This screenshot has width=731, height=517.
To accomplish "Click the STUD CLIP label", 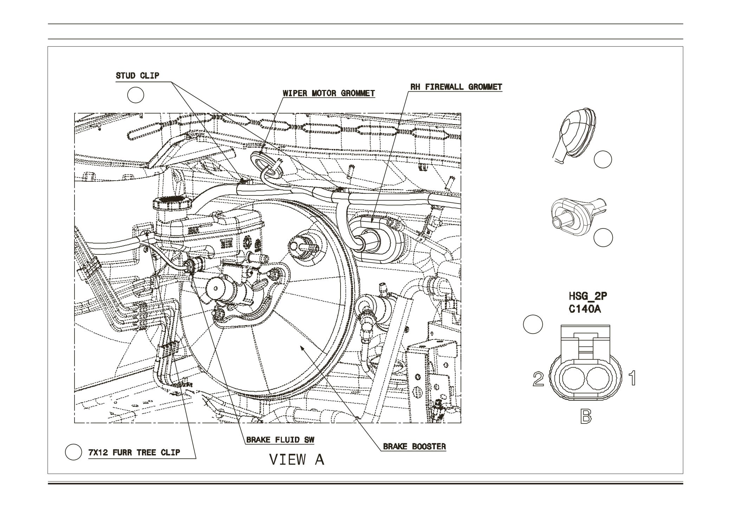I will point(137,76).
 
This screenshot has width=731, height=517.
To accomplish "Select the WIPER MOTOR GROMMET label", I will point(329,93).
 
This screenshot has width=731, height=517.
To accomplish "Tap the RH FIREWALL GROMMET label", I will point(456,87).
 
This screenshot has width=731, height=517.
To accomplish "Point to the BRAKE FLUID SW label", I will point(280,440).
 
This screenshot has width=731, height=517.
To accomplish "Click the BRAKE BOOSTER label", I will point(414,446).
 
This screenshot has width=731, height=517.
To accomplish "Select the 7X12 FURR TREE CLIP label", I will point(134,452).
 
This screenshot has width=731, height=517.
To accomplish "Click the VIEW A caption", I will point(296,459).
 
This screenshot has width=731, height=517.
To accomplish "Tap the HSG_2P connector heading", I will point(588,296).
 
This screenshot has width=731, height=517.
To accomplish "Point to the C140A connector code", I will point(584,309).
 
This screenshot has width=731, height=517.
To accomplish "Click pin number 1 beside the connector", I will point(632,378).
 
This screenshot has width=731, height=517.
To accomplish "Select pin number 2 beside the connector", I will point(538,379).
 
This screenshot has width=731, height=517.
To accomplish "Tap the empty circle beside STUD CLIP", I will point(135,95).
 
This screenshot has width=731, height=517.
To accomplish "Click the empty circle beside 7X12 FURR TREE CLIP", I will point(73,452).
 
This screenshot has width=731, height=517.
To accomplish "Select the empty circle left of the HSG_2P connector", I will point(533,324).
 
